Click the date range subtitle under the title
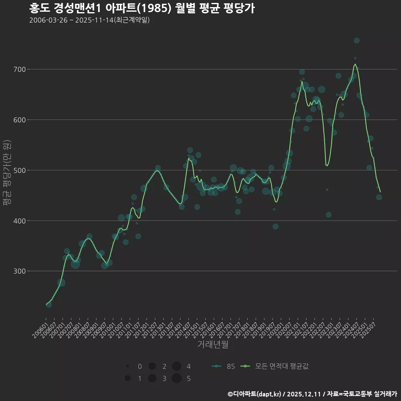coord(89,20)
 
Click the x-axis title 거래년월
coord(213,345)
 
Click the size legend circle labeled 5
coord(177,378)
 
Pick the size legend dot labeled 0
coord(127,366)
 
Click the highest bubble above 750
coord(356,41)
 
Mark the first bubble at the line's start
coord(48,305)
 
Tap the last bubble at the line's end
coord(379,197)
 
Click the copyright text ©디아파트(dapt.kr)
coord(255,394)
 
